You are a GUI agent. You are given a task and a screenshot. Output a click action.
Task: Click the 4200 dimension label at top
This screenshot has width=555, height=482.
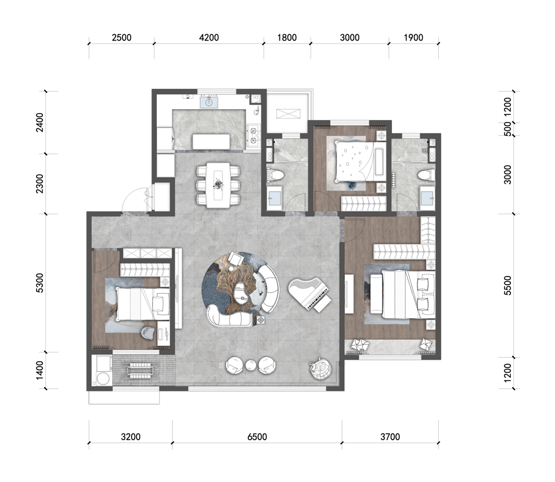point(209,38)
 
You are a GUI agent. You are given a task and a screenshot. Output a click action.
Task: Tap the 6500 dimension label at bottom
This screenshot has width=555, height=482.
point(257,437)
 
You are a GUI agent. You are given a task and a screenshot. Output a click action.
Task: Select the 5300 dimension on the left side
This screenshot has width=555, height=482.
point(40,283)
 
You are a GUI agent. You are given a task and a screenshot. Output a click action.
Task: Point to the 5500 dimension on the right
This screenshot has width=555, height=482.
point(507,286)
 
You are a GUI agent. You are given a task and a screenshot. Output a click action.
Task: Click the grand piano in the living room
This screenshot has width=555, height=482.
point(309,294)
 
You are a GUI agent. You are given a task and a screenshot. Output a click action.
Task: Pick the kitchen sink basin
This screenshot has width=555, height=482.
point(209,102)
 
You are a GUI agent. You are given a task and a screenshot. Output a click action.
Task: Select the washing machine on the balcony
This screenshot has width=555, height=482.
point(102,371)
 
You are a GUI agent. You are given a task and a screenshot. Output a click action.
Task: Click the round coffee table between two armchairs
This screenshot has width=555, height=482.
point(251,365)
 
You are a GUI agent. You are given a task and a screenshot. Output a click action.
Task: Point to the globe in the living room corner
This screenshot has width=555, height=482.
point(320,368)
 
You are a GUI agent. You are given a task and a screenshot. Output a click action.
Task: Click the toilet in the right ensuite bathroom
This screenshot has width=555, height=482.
point(426,175)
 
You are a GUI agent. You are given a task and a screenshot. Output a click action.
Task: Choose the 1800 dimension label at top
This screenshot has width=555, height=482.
point(287,38)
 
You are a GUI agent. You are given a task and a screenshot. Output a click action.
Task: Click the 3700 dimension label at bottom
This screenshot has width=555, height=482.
point(390,437)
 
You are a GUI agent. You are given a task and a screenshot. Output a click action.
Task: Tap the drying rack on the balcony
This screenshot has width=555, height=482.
point(140,370)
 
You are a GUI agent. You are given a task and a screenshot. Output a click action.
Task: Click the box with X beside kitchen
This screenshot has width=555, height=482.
point(288,114)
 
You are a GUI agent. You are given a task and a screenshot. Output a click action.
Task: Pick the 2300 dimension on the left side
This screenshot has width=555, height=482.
point(40,184)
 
